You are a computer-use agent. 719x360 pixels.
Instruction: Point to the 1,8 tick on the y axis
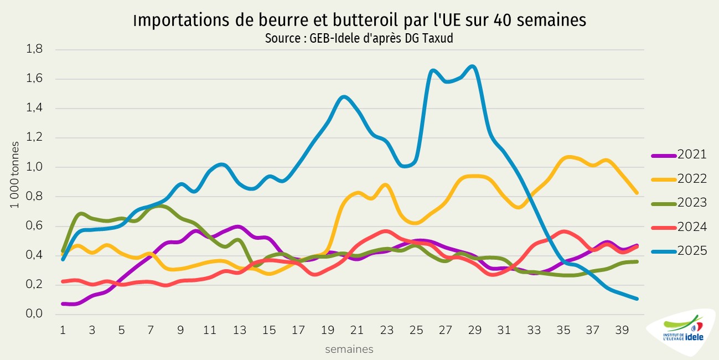point(35,49)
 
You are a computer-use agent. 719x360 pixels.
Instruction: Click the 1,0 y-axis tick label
point(35,167)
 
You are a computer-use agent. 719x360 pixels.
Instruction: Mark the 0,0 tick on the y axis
point(35,314)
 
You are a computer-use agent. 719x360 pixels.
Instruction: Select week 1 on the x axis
point(63,330)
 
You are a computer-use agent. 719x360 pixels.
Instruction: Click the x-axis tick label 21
point(358,330)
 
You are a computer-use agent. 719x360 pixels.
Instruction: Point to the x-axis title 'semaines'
point(349,349)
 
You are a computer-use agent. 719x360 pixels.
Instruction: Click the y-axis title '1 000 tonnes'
point(15,174)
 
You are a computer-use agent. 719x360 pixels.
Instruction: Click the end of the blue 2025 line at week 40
point(638,299)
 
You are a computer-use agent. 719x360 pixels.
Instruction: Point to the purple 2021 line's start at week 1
point(63,304)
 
